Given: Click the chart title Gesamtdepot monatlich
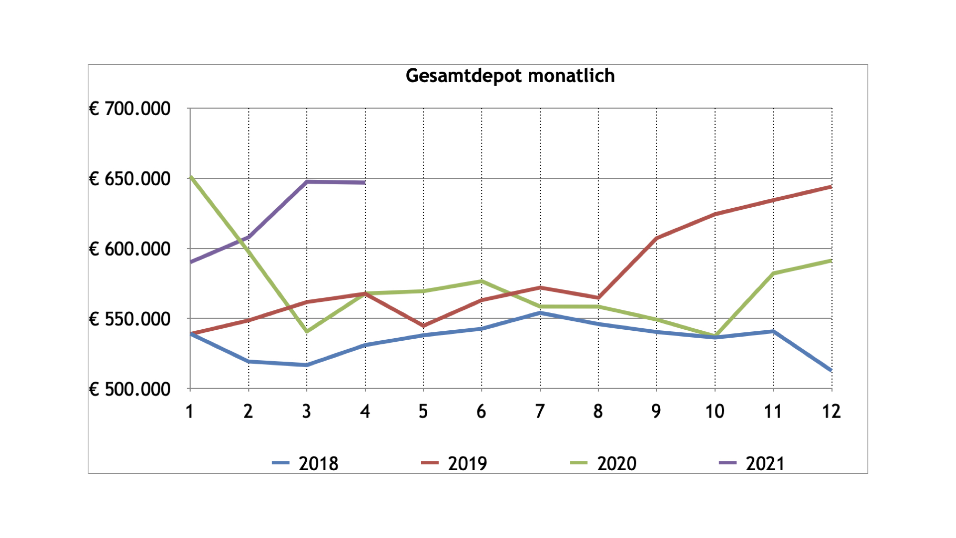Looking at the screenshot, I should pos(510,76).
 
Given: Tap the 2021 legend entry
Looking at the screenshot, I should pos(752,463).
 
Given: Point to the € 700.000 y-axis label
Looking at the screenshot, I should pos(130,109).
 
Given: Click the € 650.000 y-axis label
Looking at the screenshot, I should pos(130,179).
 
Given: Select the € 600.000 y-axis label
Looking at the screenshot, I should pos(130,249).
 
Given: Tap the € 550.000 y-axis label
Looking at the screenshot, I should pos(130,319).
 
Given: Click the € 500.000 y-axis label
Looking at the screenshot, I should pos(130,389).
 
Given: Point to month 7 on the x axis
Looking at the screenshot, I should pos(540,411).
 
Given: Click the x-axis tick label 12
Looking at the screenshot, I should pos(831,411).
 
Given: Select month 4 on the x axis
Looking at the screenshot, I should pos(365,411).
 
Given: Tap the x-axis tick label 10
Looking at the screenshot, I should pos(715,411).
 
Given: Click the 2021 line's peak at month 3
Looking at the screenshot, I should pos(307,182).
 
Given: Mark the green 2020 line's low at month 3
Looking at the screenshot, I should pos(307,331).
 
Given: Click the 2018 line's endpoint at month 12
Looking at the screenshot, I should pos(831,370).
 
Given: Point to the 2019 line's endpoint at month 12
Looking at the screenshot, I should pos(831,187).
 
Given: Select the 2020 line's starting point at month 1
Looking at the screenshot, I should pos(191,177).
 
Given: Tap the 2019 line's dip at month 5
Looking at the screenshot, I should pos(424,326).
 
